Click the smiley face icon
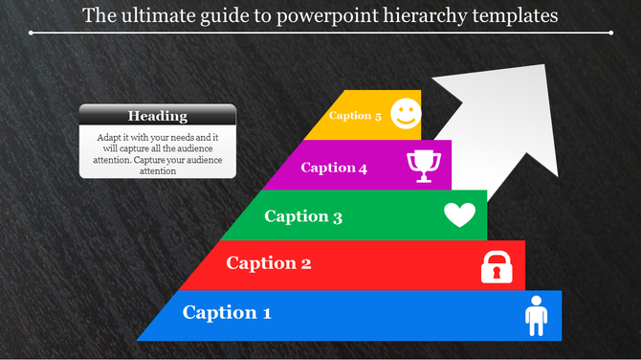tap(406, 113)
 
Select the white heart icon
tap(459, 215)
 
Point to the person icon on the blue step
tap(536, 315)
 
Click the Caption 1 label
tap(227, 312)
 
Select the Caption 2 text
tap(268, 263)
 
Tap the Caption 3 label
tap(303, 216)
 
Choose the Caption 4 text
tap(334, 169)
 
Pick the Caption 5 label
tap(355, 116)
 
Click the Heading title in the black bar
tap(158, 116)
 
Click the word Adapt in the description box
tap(110, 138)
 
